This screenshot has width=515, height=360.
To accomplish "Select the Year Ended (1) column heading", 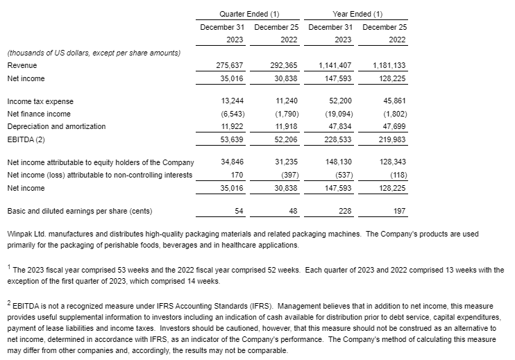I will coord(357,14).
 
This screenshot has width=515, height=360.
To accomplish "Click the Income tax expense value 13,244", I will coord(229,101).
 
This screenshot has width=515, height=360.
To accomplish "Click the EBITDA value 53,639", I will coord(229,139).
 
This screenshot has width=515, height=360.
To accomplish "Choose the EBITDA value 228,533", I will coord(339,139).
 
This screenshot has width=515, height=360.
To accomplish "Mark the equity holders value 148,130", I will coord(339,162).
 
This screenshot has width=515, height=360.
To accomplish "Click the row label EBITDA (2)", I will coord(26,139).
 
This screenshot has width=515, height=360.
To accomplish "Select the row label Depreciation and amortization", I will coord(56,126).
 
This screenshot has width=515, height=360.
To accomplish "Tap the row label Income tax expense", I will coord(40,101).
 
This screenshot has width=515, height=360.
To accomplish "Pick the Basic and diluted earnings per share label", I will coord(79,211).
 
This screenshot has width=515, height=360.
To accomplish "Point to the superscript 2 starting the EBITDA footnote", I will coord(8,302).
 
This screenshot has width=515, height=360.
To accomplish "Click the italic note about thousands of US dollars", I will coord(93,53).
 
